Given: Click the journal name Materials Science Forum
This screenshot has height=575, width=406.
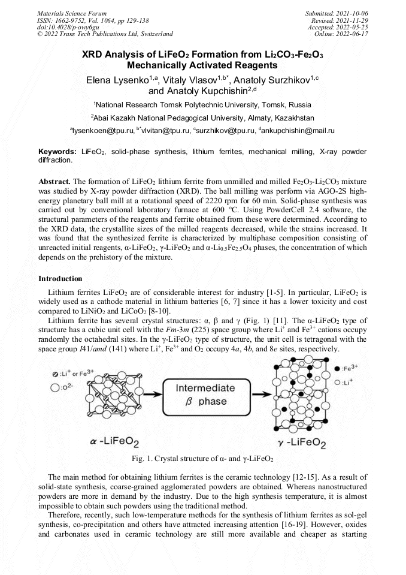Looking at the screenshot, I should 72,13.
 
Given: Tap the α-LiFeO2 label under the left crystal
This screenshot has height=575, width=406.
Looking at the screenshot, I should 114,442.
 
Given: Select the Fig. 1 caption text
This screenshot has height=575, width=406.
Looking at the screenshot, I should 202,459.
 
